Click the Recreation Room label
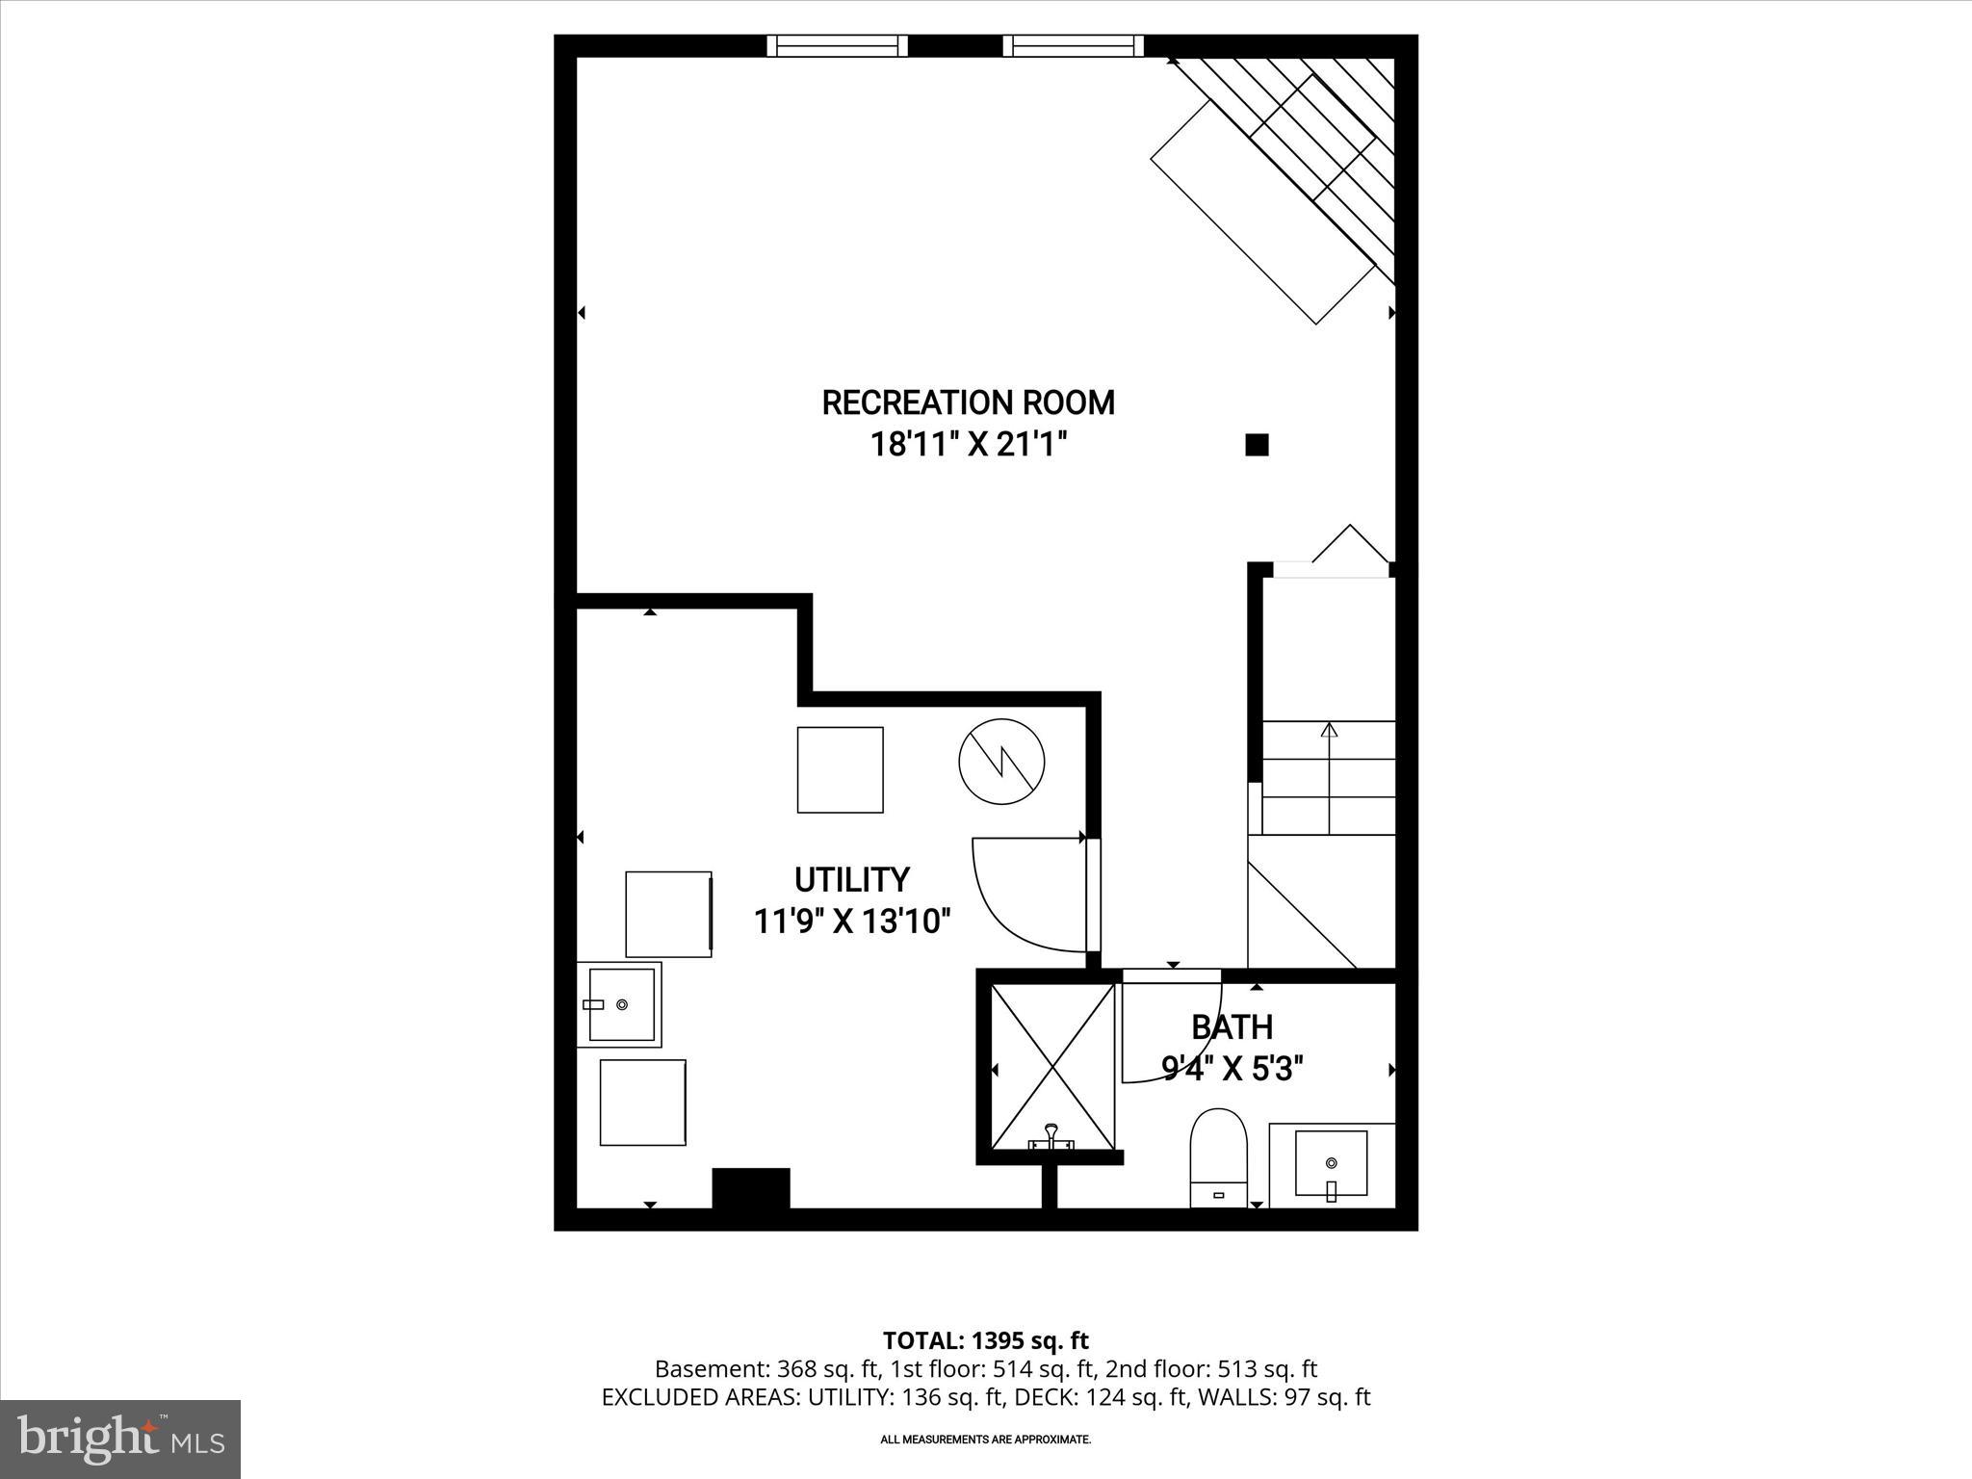[968, 402]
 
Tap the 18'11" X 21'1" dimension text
[970, 445]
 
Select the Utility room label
[851, 880]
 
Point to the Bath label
[1232, 1027]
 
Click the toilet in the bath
[1218, 1155]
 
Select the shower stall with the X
[1052, 1066]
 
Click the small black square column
[1257, 445]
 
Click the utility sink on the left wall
[621, 1004]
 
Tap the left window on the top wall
[838, 45]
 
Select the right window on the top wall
[1073, 45]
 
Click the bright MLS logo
[120, 1439]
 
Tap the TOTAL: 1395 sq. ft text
[985, 1340]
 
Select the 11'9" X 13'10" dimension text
[851, 922]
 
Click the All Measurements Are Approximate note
[985, 1440]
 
